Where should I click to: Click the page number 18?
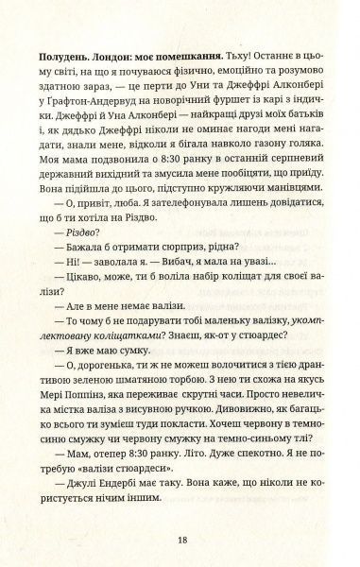(180, 541)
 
